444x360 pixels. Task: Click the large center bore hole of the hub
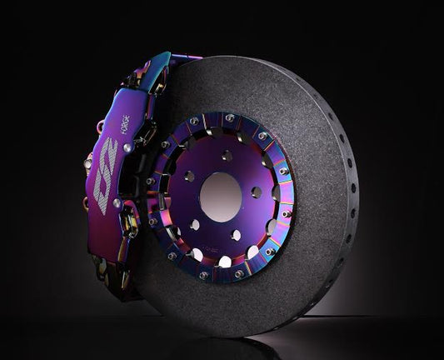221,197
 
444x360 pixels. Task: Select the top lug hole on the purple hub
226,156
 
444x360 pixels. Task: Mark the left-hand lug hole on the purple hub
188,177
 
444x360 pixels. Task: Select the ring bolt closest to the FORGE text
162,145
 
